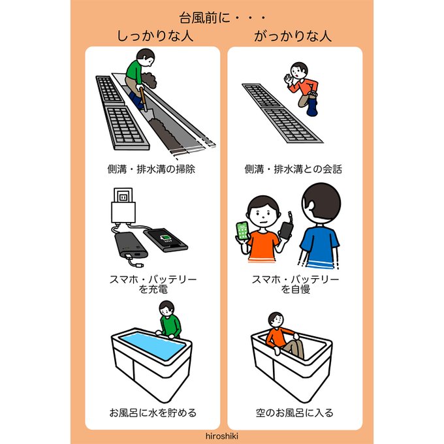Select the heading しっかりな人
pyautogui.click(x=155, y=37)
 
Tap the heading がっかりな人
pyautogui.click(x=293, y=37)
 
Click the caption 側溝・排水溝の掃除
pyautogui.click(x=151, y=169)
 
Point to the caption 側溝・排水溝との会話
pyautogui.click(x=293, y=169)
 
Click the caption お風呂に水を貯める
pyautogui.click(x=153, y=413)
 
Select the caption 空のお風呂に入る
pyautogui.click(x=294, y=413)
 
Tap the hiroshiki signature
pyautogui.click(x=222, y=436)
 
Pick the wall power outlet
pyautogui.click(x=123, y=195)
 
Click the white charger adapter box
pyautogui.click(x=123, y=212)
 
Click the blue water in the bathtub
pyautogui.click(x=152, y=345)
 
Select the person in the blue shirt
pyautogui.click(x=320, y=226)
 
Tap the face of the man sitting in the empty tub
pyautogui.click(x=277, y=320)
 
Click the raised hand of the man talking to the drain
pyautogui.click(x=288, y=78)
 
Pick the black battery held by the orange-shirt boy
pyautogui.click(x=286, y=230)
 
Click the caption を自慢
pyautogui.click(x=295, y=289)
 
